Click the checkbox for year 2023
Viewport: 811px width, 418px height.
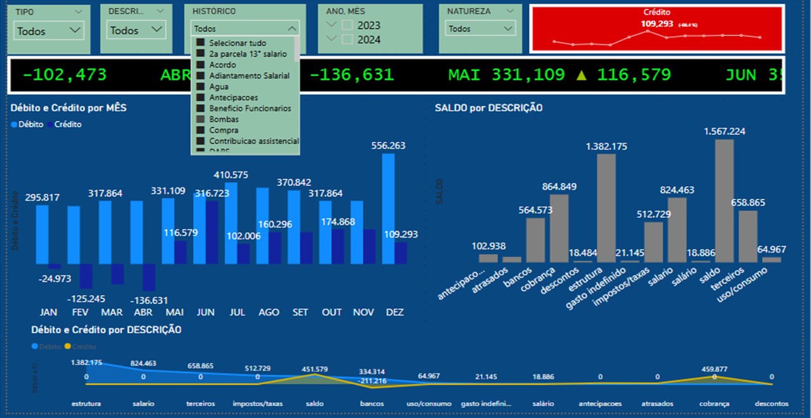(x=347, y=25)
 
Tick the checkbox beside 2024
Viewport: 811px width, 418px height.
(x=347, y=39)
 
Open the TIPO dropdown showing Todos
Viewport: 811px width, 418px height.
(x=49, y=30)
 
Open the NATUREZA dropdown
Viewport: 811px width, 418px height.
(x=480, y=28)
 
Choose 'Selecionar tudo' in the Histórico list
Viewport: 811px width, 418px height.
(x=238, y=43)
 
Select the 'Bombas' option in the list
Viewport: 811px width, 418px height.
(x=224, y=119)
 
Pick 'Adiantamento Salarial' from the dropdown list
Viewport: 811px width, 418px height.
(x=249, y=75)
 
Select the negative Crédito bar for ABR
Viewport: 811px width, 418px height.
(x=149, y=277)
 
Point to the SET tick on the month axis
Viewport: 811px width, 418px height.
(x=300, y=312)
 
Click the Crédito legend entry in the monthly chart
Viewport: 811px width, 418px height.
(x=67, y=124)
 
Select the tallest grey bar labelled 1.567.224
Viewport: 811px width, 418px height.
(x=724, y=200)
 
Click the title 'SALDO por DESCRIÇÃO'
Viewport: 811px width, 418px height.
(x=489, y=108)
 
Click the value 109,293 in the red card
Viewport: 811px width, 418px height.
(x=658, y=24)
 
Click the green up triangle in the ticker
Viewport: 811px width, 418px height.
(x=582, y=75)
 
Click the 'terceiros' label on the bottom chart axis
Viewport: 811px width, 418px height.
(x=200, y=403)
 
